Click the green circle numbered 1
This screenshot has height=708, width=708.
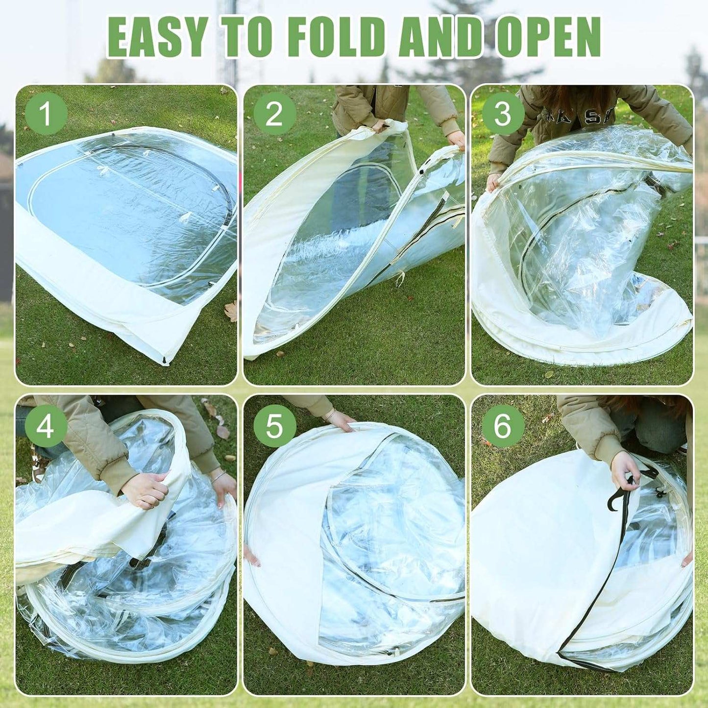pyautogui.click(x=46, y=114)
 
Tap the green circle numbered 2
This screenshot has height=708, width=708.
pyautogui.click(x=274, y=114)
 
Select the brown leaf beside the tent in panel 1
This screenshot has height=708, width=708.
pyautogui.click(x=231, y=311)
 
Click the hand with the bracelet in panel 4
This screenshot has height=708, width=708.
pyautogui.click(x=224, y=487)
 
